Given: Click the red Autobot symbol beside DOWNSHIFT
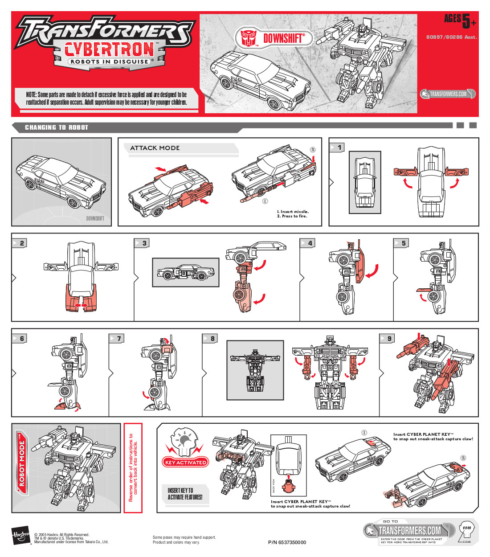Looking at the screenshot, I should (249, 38).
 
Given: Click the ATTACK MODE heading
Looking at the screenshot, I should (155, 148).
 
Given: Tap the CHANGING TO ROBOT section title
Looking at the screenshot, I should (57, 127).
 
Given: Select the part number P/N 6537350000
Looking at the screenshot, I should (287, 542).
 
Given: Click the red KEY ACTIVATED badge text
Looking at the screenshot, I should (186, 463).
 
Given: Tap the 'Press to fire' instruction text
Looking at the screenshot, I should (292, 216).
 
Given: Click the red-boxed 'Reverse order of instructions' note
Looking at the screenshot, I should (133, 468).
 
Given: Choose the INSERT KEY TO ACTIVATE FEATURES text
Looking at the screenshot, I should (185, 494).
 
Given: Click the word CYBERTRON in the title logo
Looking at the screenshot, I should (110, 49).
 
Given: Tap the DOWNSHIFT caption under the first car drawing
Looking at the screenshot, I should (95, 218).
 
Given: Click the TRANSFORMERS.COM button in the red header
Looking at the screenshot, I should (448, 94).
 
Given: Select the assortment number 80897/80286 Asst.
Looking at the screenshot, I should (451, 37).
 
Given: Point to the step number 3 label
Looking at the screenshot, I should (144, 243).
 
